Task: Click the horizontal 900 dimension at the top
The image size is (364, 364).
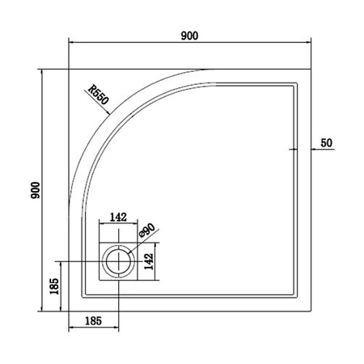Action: click(x=189, y=36)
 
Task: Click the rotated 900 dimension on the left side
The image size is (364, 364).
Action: click(x=36, y=190)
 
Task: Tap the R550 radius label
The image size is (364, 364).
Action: click(x=99, y=95)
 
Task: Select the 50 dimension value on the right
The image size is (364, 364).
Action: click(x=326, y=143)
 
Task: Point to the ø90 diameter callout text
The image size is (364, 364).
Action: click(x=147, y=231)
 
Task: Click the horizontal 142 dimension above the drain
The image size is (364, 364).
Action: click(x=118, y=217)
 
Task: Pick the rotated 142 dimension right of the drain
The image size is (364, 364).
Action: click(x=149, y=261)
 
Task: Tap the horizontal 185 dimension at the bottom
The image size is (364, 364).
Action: click(x=93, y=321)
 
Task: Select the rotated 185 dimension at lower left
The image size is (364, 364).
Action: click(x=54, y=286)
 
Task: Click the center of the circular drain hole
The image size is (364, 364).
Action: click(x=118, y=261)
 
